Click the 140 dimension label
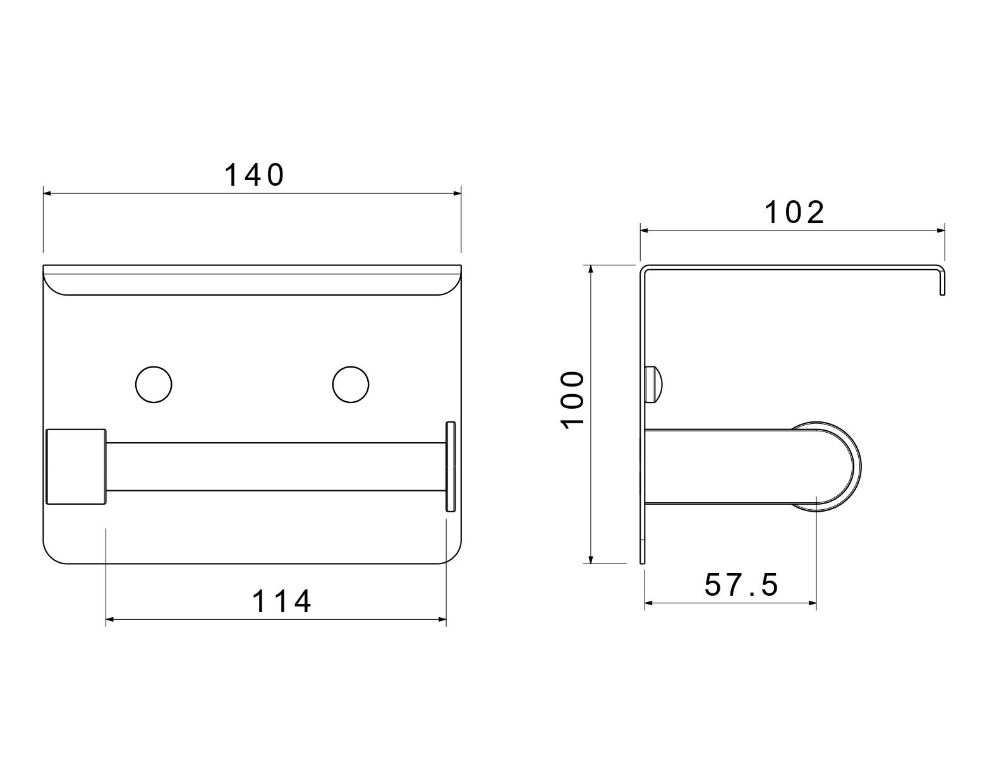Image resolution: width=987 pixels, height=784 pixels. coord(255,175)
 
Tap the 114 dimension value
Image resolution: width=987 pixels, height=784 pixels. coord(282,601)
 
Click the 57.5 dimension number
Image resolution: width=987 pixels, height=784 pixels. coord(741,584)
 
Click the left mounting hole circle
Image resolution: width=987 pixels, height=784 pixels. coord(154,384)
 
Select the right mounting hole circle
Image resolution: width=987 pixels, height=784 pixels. coord(351,384)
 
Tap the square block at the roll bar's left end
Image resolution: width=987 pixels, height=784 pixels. coord(76,467)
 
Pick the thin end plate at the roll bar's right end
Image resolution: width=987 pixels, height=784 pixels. coord(451,466)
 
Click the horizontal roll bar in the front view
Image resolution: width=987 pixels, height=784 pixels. coord(276,467)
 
